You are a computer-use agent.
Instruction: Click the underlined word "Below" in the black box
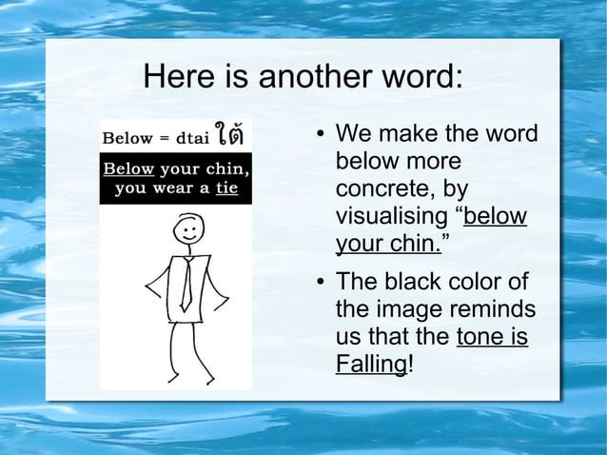point(128,169)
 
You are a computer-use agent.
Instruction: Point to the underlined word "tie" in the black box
point(225,188)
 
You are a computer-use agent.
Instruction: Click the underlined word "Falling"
point(370,365)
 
